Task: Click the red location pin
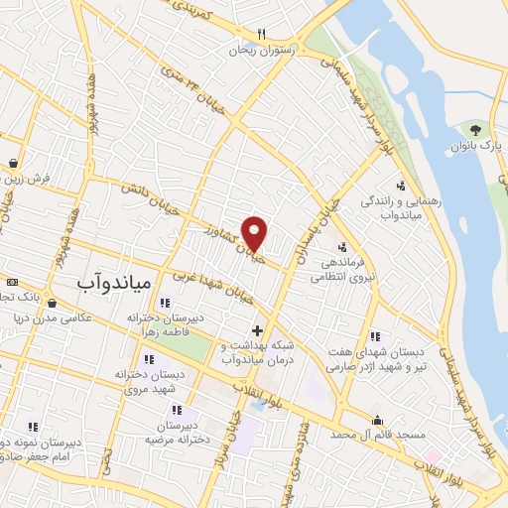tap(256, 232)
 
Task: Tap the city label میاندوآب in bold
tap(113, 282)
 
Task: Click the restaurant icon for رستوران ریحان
tap(261, 33)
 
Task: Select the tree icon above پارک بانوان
tap(476, 130)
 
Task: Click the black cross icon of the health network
tap(257, 330)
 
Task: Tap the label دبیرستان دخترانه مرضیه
tap(179, 431)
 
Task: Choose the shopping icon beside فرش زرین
tap(12, 163)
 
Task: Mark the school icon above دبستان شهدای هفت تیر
tap(374, 335)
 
